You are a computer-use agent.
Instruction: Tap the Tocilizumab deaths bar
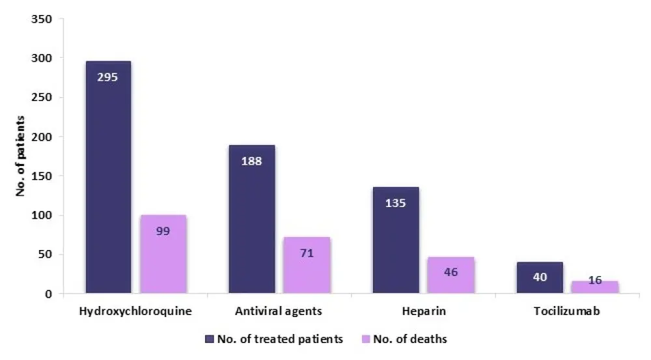pyautogui.click(x=594, y=287)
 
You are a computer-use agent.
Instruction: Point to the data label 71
pyautogui.click(x=307, y=253)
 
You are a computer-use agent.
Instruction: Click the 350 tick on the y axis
pyautogui.click(x=42, y=19)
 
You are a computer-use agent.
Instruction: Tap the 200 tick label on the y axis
pyautogui.click(x=42, y=137)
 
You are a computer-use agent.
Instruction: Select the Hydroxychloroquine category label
pyautogui.click(x=135, y=311)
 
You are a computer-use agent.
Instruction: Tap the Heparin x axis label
pyautogui.click(x=423, y=311)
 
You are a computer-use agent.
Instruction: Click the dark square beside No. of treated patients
pyautogui.click(x=208, y=339)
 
